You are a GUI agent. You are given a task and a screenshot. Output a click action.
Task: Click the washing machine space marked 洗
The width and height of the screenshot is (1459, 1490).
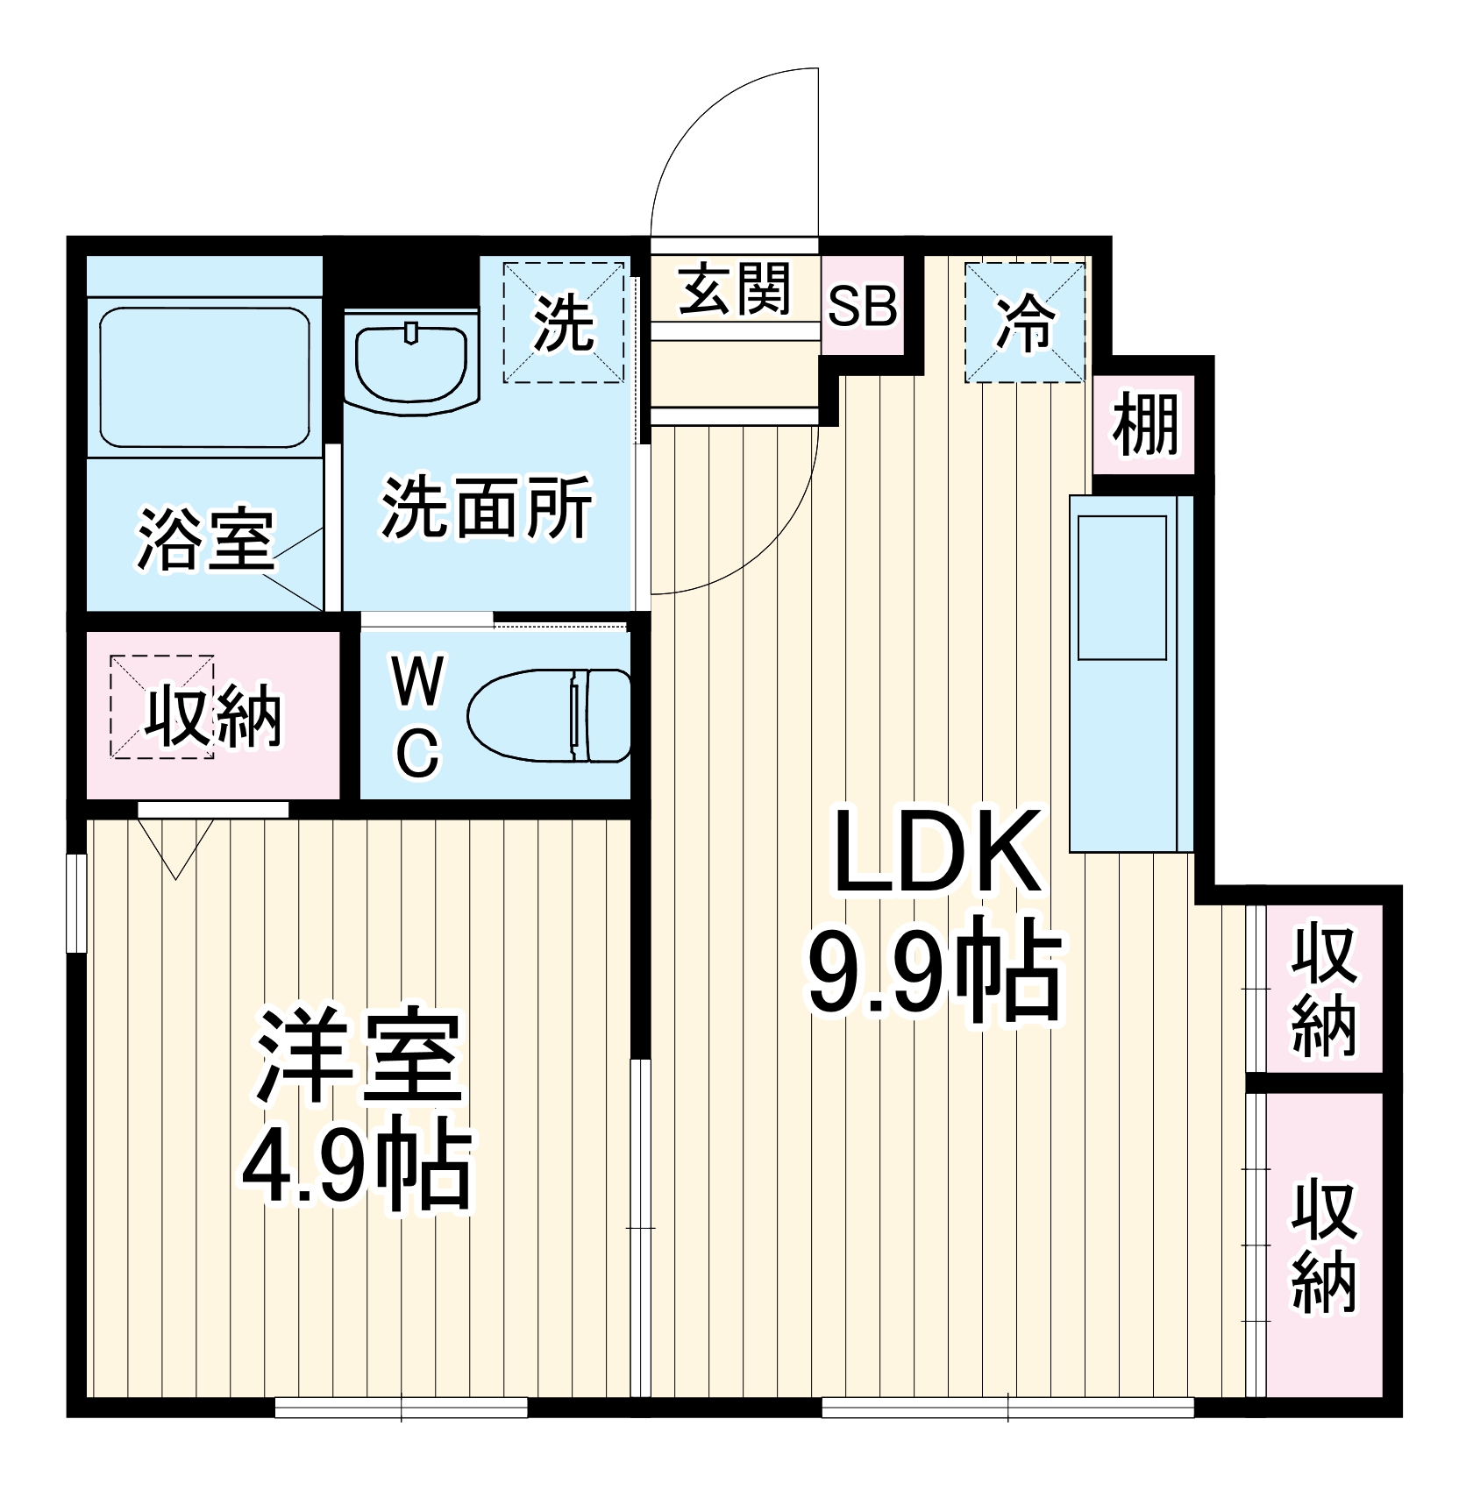coord(564,323)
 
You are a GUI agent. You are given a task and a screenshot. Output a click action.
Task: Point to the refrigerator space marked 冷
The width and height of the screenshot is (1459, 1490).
coord(1024,323)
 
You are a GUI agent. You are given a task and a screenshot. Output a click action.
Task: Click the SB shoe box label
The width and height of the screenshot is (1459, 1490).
coord(862,307)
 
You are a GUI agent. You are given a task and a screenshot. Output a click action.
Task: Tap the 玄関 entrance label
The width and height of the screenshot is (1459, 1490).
coord(735,288)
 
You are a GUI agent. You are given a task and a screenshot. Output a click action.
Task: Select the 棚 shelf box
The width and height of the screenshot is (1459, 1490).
coord(1144,425)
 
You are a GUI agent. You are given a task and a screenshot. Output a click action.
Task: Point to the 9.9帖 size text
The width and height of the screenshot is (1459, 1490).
coord(934,973)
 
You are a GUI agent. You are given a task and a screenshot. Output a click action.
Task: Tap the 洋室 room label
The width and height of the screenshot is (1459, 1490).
coord(359,1056)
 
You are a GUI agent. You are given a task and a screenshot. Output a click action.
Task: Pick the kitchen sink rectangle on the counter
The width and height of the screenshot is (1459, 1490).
coord(1121,587)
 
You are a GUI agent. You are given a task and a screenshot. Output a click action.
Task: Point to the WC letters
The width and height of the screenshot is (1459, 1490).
coord(418,717)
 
